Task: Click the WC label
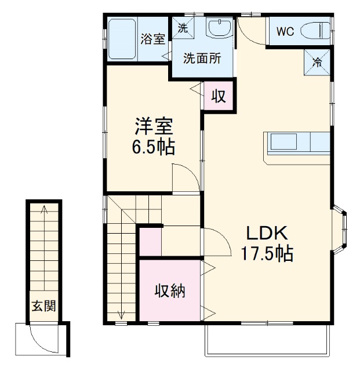pos(284,32)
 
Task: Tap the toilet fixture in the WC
pos(317,31)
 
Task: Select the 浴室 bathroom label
pos(153,39)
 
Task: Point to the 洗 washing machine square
pos(183,27)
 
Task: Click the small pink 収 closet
pos(218,96)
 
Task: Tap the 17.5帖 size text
pos(267,254)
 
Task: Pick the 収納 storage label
pos(170,291)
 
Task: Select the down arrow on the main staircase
pos(121,314)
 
